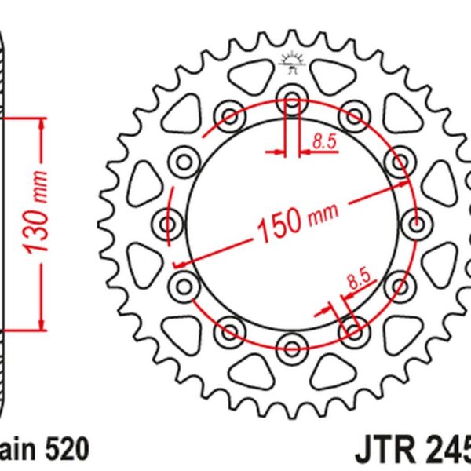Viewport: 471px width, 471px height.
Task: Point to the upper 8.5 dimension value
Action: point(323,142)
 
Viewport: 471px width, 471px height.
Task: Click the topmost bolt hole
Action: point(291,101)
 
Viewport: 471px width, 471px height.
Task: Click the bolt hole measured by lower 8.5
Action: point(353,330)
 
